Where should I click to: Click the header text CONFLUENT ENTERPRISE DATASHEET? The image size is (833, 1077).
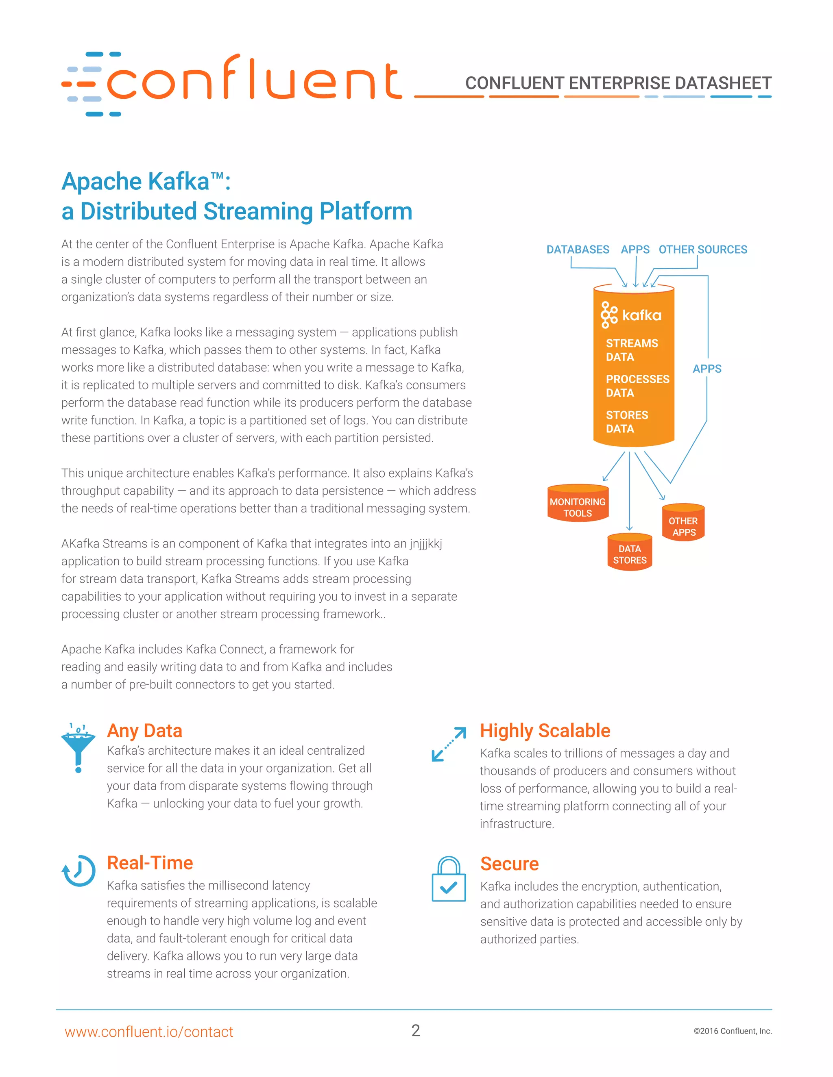[x=618, y=83]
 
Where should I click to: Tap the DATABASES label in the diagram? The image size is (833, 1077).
[x=578, y=250]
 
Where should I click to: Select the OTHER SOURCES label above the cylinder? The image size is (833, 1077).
[x=703, y=250]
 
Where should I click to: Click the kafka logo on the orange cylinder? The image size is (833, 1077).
[x=631, y=315]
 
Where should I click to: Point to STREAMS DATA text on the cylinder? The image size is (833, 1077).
[x=632, y=350]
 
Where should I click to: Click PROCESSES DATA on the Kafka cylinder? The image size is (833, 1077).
[x=637, y=386]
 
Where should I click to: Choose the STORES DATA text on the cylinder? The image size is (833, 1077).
[x=627, y=421]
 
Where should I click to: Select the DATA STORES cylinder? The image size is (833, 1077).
[x=630, y=553]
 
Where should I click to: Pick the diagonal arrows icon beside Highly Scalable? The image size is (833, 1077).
[x=449, y=744]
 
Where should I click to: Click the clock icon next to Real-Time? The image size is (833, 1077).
[x=79, y=871]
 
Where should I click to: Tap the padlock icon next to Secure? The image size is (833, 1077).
[x=449, y=880]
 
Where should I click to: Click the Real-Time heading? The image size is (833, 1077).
[x=150, y=863]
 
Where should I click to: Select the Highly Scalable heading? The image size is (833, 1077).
[x=545, y=730]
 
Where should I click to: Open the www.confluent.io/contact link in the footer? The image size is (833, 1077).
[x=148, y=1031]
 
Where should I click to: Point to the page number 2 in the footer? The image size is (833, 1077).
[x=416, y=1031]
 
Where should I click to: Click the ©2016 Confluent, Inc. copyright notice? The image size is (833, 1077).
[x=732, y=1031]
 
